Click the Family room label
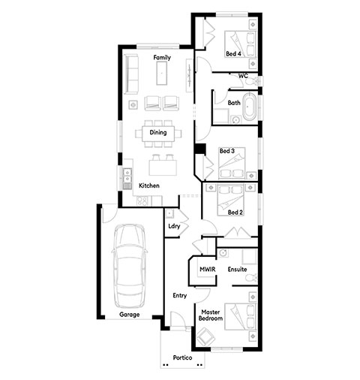coord(162,58)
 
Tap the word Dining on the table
coord(158,132)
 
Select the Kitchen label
coord(149,185)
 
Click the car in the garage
coord(129,266)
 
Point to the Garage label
coord(129,315)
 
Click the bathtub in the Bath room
coord(250,107)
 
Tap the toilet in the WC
coord(253,81)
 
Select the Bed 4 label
coord(233,54)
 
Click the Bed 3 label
coord(227,151)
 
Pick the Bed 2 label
coord(235,213)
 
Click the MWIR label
coord(208,270)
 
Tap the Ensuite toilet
coord(251,278)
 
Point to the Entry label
coord(180,296)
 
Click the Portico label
coord(182,357)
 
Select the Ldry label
coord(174,226)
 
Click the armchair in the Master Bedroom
coord(206,336)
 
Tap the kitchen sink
coord(127,176)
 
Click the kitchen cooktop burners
coord(142,201)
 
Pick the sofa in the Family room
coord(131,74)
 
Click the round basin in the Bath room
coord(236,120)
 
